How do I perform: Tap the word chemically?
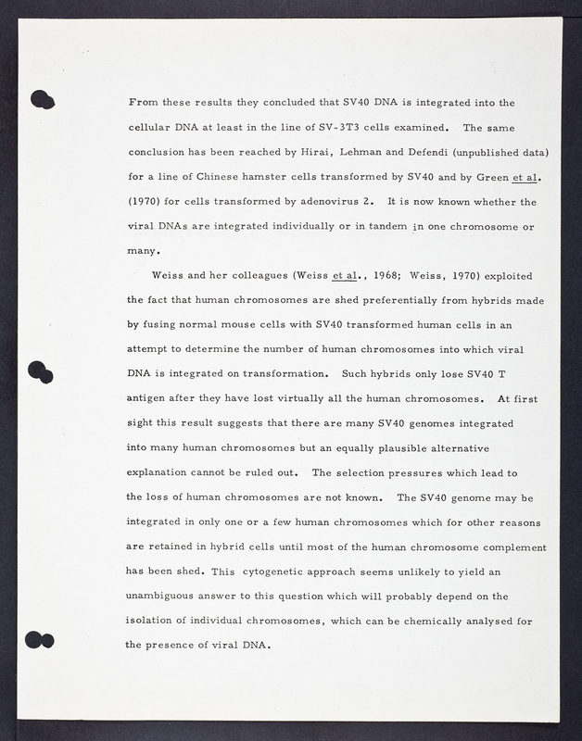click(x=418, y=620)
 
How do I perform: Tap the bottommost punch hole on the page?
click(x=41, y=639)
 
